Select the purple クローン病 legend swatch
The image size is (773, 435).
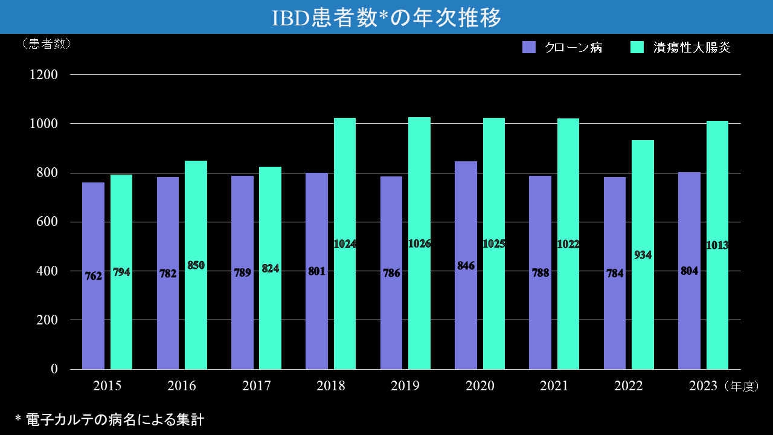click(x=529, y=47)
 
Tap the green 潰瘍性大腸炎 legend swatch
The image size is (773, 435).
click(x=637, y=47)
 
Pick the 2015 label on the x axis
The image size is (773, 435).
click(x=107, y=386)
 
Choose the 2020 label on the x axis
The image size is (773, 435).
click(x=480, y=386)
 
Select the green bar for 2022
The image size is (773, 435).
click(x=643, y=314)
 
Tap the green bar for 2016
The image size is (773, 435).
click(x=196, y=320)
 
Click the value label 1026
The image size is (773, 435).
click(x=419, y=244)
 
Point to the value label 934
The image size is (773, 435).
click(x=643, y=255)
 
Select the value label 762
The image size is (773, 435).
click(x=93, y=276)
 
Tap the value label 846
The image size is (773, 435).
click(x=466, y=266)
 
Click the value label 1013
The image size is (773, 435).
click(x=717, y=245)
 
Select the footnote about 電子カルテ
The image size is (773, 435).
click(x=109, y=419)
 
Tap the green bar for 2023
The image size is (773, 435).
click(x=717, y=314)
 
